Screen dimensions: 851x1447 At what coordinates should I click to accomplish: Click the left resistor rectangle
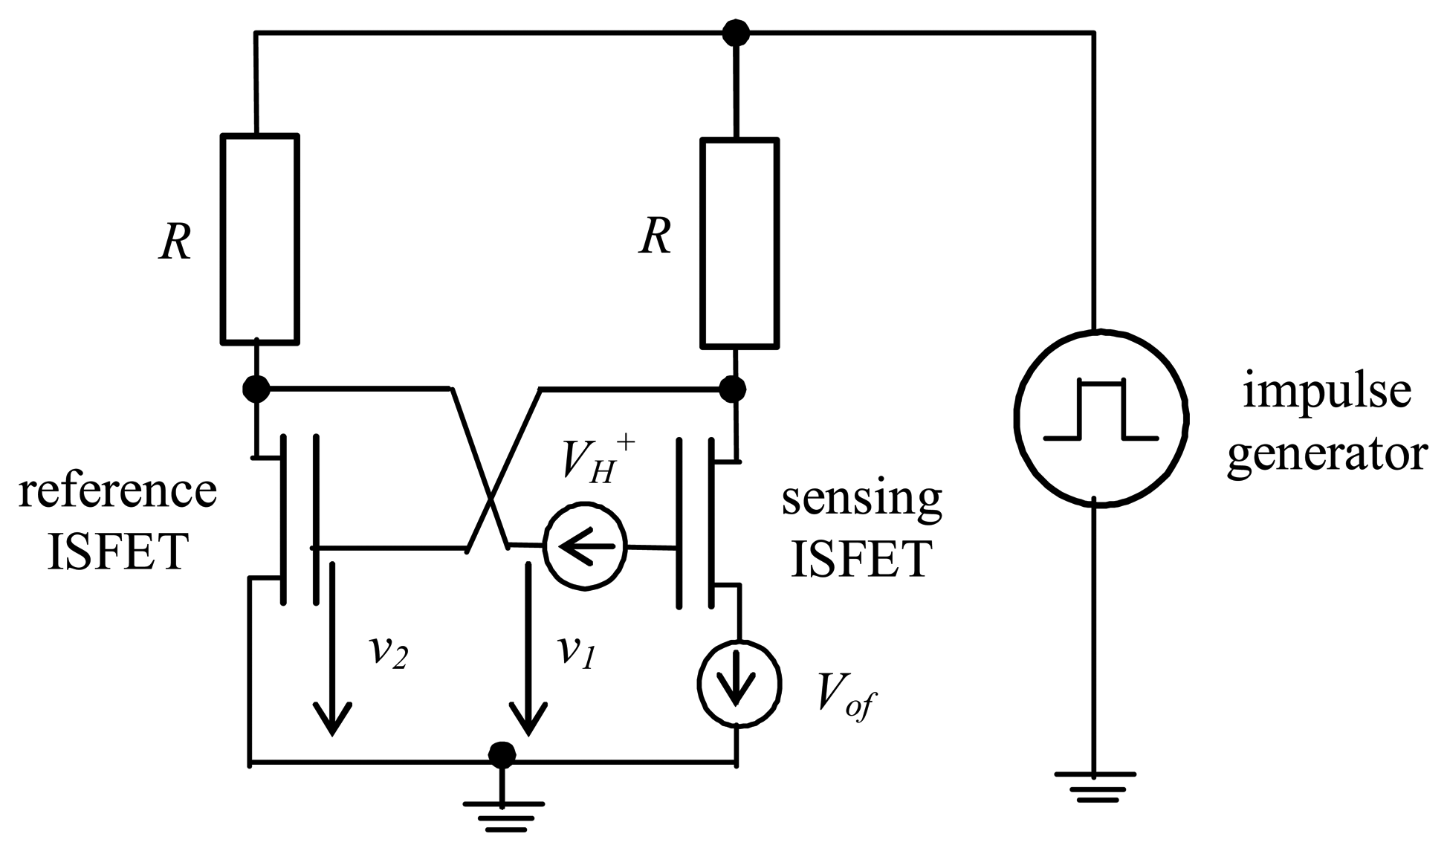pyautogui.click(x=259, y=239)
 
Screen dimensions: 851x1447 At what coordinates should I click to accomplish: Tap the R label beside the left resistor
pyautogui.click(x=175, y=242)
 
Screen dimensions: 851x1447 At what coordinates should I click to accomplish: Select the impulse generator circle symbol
pyautogui.click(x=1101, y=418)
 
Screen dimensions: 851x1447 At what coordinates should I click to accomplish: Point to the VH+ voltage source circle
pyautogui.click(x=585, y=548)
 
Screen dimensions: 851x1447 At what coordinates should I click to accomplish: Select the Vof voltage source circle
pyautogui.click(x=739, y=682)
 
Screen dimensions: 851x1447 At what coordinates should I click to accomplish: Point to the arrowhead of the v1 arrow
pyautogui.click(x=529, y=720)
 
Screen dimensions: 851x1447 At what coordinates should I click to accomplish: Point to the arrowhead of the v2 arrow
pyautogui.click(x=331, y=720)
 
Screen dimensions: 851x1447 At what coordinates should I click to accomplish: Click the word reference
pyautogui.click(x=117, y=492)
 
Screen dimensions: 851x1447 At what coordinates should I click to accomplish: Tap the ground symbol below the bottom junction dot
pyautogui.click(x=503, y=813)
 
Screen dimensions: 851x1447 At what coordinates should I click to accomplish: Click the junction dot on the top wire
pyautogui.click(x=736, y=33)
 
